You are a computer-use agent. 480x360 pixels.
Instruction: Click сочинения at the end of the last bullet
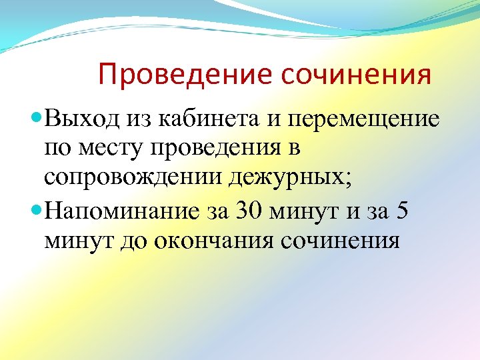(x=341, y=241)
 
